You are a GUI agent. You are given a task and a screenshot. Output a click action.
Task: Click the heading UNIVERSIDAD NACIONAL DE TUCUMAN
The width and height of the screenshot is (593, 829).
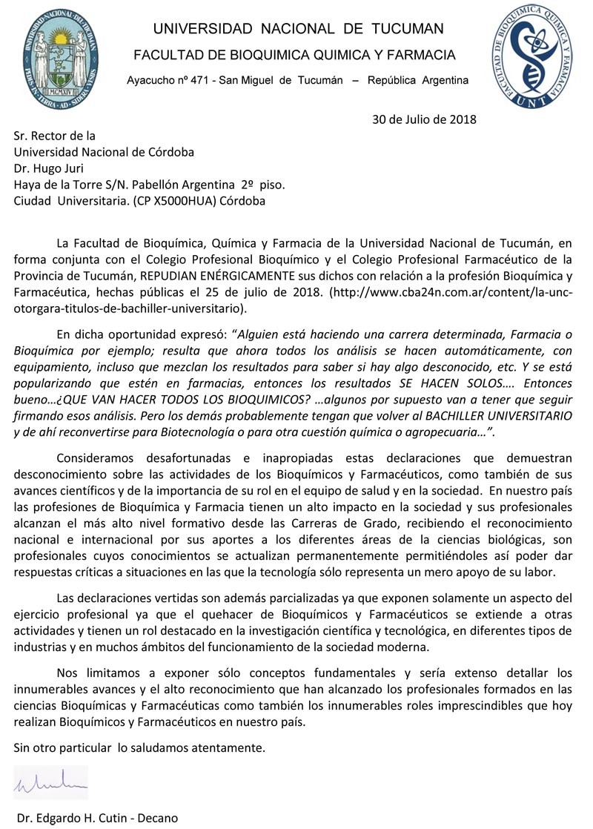coord(298,29)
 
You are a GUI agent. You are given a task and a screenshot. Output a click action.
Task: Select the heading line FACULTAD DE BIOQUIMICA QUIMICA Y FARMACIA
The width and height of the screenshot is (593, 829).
coord(294,56)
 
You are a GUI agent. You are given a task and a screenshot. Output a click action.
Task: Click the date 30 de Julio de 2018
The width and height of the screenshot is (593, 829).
coord(424,119)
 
